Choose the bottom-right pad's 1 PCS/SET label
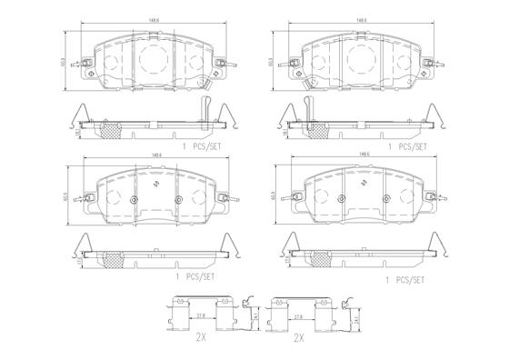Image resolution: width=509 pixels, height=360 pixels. tap(405, 281)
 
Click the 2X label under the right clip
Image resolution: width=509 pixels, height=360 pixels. tap(298, 338)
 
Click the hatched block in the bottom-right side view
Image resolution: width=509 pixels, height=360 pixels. tap(323, 259)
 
